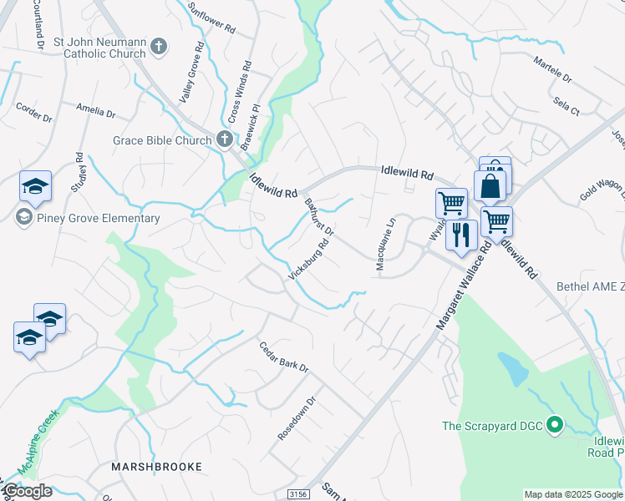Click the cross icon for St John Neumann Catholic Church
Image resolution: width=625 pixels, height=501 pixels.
coord(160,47)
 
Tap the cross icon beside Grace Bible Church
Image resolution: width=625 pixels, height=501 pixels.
coord(224,140)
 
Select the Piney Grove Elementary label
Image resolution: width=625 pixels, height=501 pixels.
coord(88,219)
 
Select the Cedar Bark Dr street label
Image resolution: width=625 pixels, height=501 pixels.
coord(284,357)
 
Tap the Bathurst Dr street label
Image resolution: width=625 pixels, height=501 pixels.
coord(318,216)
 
